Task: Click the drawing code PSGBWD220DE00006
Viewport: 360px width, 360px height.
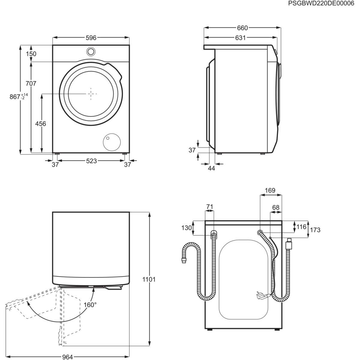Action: coord(321,3)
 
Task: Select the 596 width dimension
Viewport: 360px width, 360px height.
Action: coord(91,38)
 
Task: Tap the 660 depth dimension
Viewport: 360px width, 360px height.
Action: coord(242,28)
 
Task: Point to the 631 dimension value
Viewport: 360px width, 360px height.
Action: coord(240,38)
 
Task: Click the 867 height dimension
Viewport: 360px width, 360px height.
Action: coord(19,97)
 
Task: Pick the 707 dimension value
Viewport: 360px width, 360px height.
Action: coord(31,83)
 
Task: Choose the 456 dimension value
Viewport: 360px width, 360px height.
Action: coord(40,124)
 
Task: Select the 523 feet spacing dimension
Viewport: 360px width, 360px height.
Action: coord(91,161)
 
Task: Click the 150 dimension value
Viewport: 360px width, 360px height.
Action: coord(31,54)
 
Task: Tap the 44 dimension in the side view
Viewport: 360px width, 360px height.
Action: coord(211,168)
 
